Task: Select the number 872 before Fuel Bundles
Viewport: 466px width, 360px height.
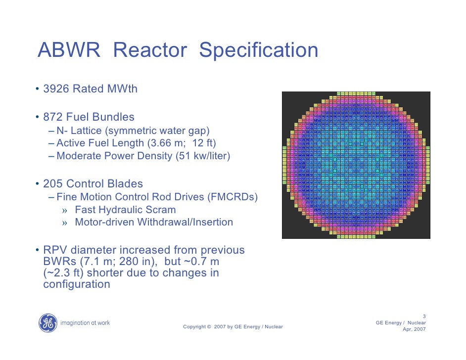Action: coord(53,117)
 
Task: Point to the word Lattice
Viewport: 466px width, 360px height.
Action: coord(89,131)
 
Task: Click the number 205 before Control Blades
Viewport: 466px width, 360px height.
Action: coord(53,184)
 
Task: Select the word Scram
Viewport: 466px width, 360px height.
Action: coord(162,210)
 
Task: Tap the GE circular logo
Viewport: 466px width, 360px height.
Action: coord(48,323)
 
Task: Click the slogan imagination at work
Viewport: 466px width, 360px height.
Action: coord(85,323)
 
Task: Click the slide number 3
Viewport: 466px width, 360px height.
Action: coord(424,316)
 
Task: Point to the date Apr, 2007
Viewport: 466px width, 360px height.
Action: coord(414,329)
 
